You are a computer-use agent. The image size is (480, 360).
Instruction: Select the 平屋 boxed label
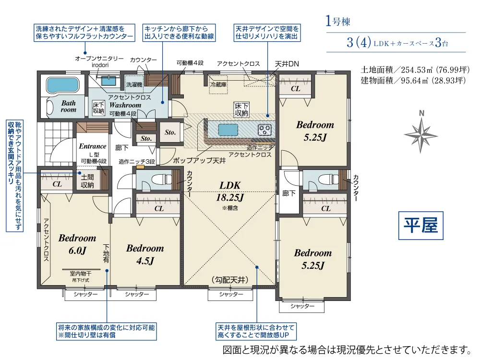(420, 225)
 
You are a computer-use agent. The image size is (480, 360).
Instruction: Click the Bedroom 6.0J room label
(77, 244)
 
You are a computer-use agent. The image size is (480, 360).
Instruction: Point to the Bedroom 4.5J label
(145, 254)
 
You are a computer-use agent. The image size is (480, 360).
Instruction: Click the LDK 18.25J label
(230, 191)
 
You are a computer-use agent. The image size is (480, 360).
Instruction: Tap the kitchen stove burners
(264, 130)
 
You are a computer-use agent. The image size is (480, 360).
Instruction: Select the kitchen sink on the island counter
(228, 130)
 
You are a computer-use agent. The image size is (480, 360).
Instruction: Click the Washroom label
(125, 105)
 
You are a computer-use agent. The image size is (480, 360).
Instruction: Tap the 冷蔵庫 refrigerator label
(218, 84)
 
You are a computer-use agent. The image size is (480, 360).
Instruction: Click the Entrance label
(93, 146)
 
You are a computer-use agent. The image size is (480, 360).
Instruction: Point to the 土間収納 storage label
(87, 181)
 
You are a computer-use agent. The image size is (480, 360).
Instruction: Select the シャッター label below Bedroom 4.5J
(137, 294)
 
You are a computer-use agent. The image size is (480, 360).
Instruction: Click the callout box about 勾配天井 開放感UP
(256, 331)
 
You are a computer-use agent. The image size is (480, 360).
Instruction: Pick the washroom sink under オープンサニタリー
(108, 81)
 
